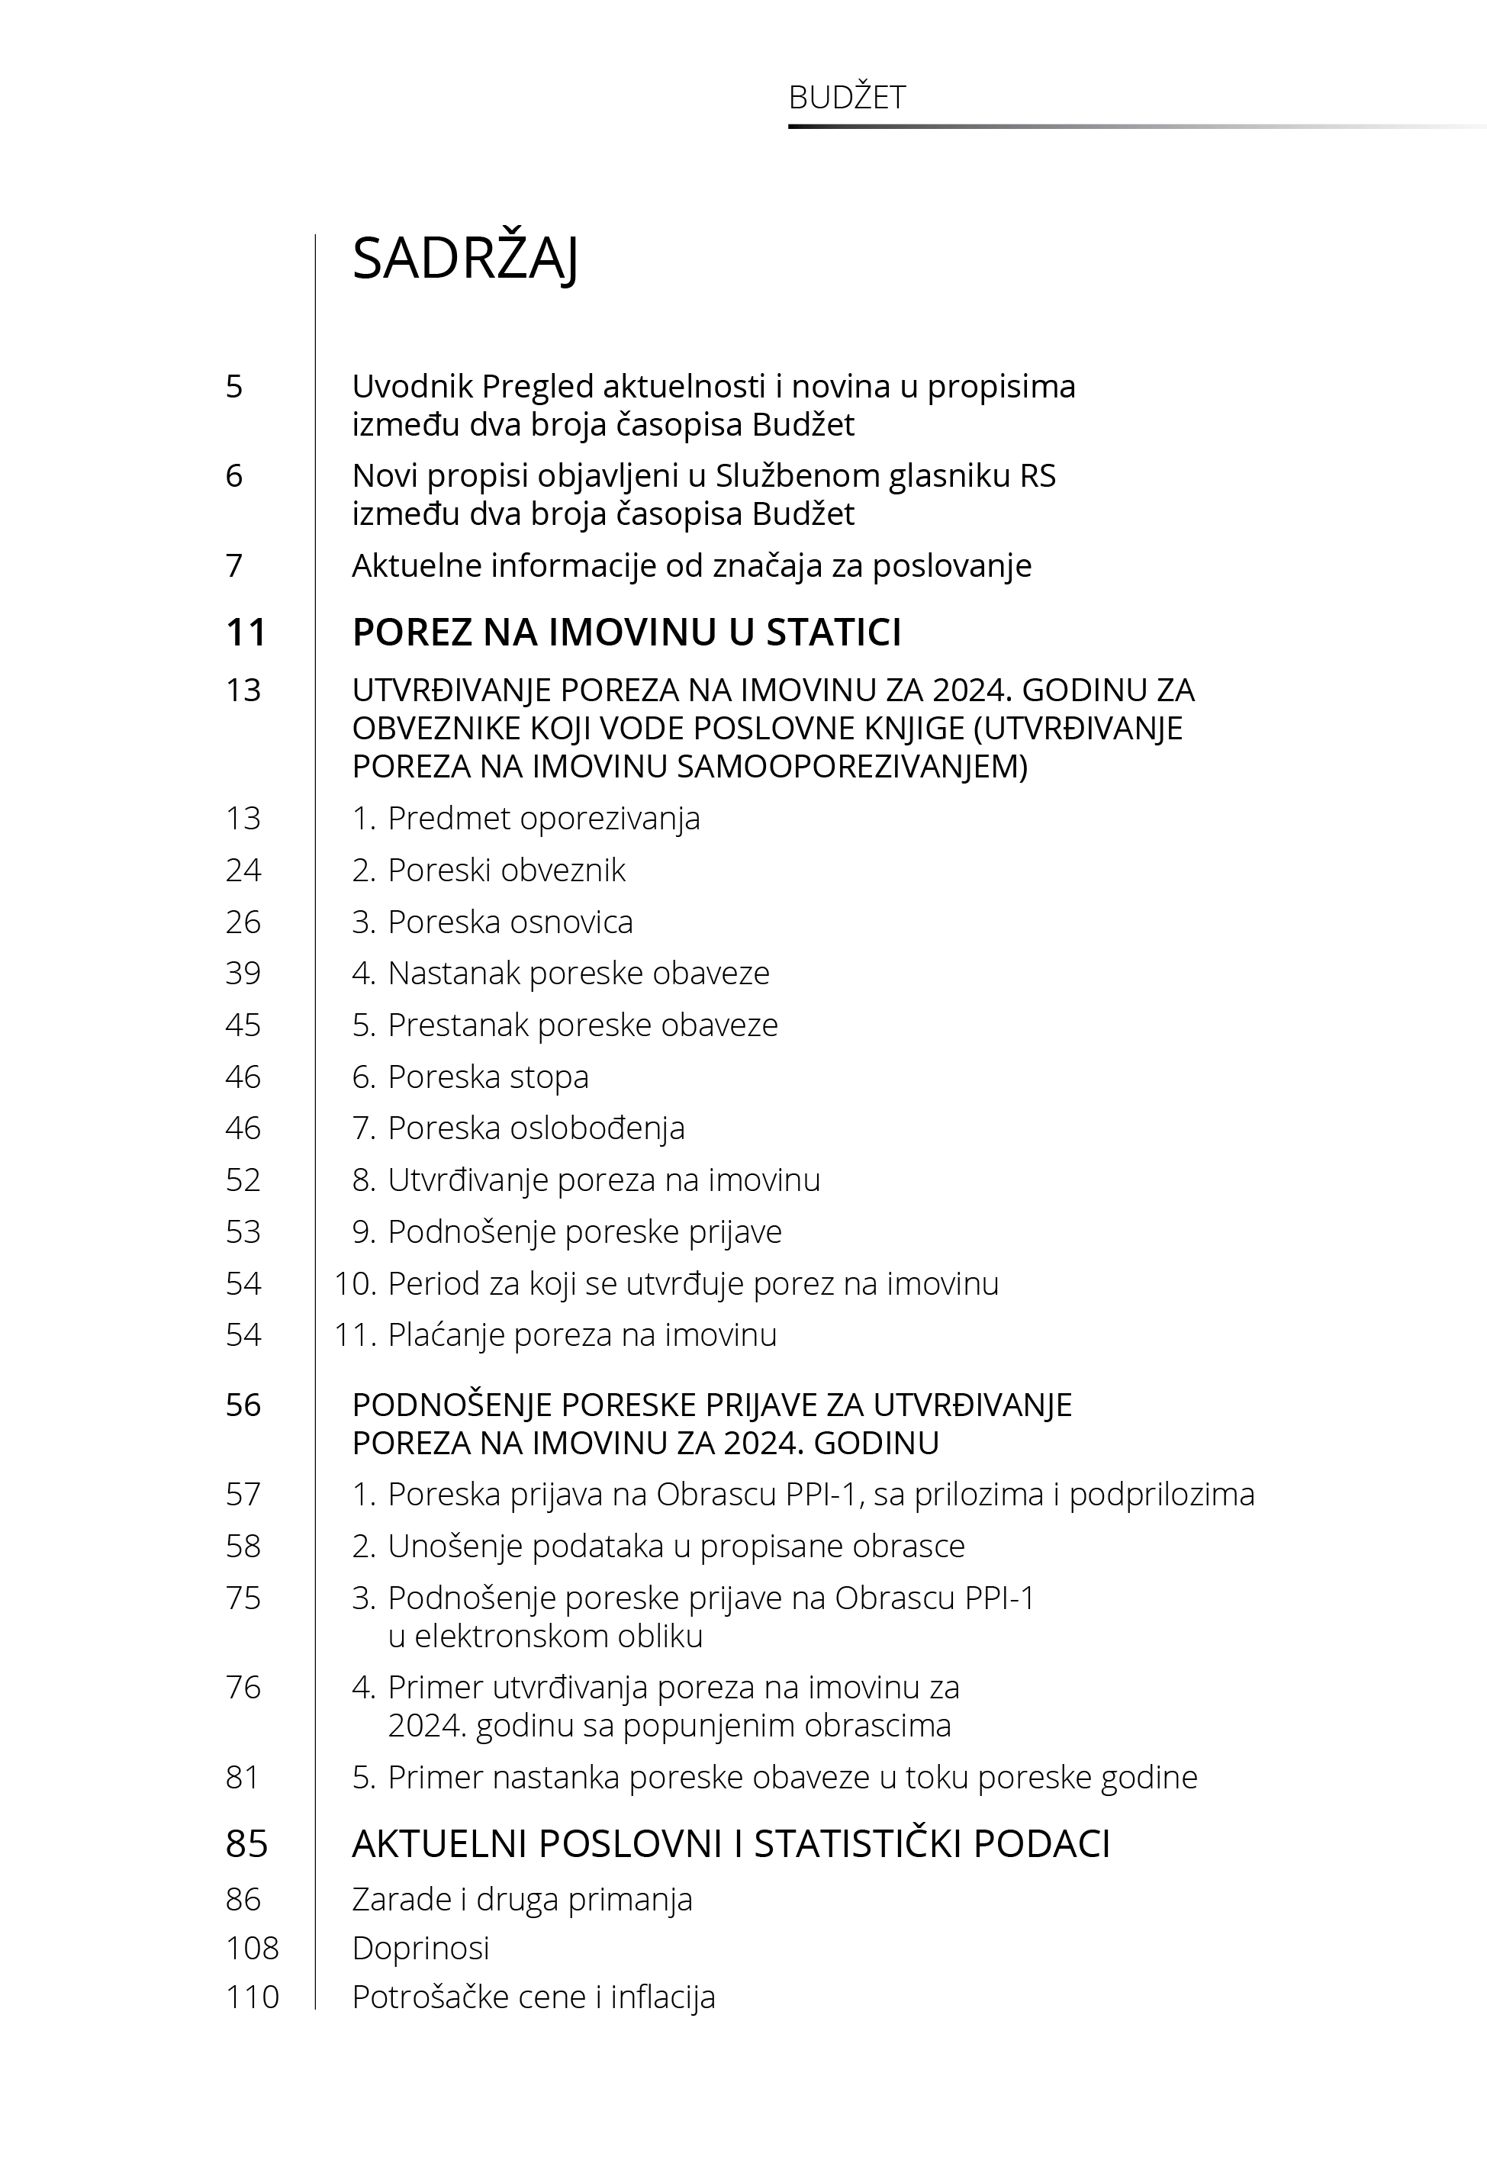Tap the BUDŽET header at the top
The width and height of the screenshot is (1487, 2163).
(846, 98)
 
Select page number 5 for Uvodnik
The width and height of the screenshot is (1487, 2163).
(234, 387)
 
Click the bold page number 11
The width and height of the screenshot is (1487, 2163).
(246, 632)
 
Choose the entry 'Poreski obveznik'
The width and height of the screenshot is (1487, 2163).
(506, 870)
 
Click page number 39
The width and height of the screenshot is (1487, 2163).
(243, 974)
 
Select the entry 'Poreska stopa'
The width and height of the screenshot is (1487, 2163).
(488, 1077)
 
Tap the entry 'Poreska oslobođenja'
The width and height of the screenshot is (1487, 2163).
(536, 1128)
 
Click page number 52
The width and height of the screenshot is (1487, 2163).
(243, 1180)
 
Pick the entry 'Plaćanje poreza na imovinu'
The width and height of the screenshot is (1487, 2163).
(581, 1335)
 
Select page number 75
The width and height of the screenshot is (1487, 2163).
(243, 1598)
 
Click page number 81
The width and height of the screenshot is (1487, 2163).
(243, 1778)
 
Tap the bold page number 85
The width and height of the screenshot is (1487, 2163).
(246, 1844)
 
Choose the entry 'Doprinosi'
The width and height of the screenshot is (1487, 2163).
(420, 1948)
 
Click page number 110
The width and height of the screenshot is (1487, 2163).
(252, 1997)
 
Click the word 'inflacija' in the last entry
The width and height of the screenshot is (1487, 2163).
(662, 1997)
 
